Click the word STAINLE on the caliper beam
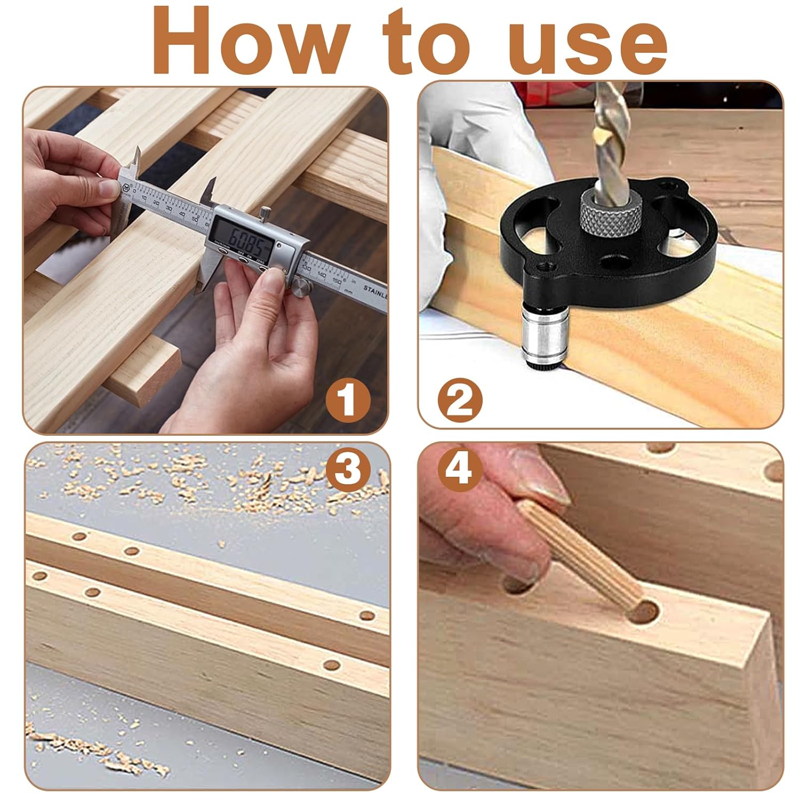[x=375, y=291]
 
